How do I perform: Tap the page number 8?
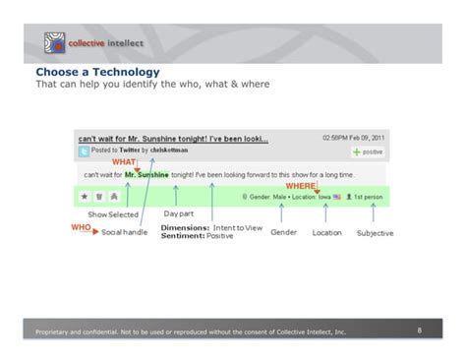[419, 330]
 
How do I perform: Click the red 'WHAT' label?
[124, 161]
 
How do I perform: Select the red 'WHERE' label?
[300, 185]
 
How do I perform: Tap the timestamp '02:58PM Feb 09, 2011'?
[354, 138]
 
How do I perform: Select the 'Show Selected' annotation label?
[113, 214]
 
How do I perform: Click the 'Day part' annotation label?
[178, 213]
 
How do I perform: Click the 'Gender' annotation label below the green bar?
[283, 232]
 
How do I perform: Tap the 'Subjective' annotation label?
[375, 233]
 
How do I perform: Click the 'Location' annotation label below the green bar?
[326, 232]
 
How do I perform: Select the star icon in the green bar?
[86, 197]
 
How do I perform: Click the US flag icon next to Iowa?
[337, 197]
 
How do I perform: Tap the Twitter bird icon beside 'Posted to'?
[86, 150]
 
